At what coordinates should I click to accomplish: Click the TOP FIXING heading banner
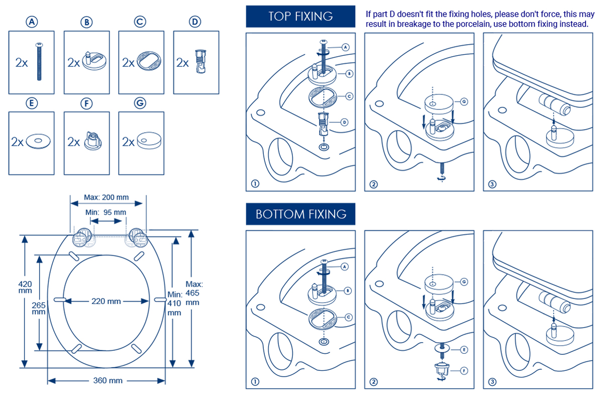[x=300, y=16]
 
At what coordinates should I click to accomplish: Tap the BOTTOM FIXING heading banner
[x=300, y=214]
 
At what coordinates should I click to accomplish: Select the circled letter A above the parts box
[x=32, y=22]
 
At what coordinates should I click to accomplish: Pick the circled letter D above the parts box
[x=195, y=22]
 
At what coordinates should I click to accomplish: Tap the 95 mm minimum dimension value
[x=115, y=212]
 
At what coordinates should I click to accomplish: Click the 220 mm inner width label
[x=106, y=302]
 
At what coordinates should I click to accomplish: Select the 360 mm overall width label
[x=108, y=380]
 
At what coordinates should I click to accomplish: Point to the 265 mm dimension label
[x=39, y=308]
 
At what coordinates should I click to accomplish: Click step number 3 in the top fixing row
[x=492, y=184]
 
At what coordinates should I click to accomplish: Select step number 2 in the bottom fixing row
[x=373, y=381]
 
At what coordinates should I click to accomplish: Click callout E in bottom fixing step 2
[x=464, y=349]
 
